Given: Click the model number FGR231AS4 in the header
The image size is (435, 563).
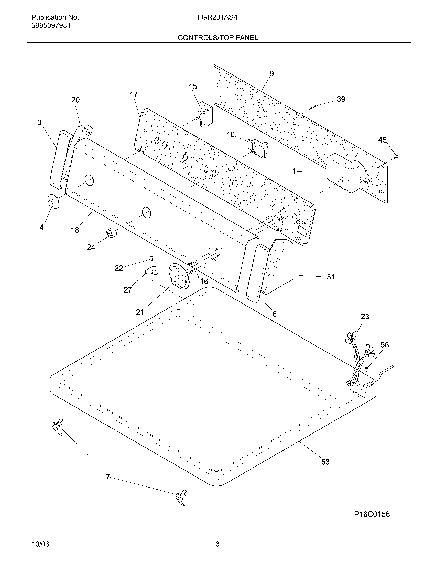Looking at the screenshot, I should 217,17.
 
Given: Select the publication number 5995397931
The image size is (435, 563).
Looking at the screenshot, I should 51,26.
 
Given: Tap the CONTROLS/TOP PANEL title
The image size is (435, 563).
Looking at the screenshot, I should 218,38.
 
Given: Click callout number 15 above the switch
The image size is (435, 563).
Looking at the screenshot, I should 193,86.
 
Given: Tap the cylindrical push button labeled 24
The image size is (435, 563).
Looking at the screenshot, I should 111,233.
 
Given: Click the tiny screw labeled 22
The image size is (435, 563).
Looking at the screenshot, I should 152,257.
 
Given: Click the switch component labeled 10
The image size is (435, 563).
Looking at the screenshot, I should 257,148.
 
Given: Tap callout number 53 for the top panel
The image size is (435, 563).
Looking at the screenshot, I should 325,462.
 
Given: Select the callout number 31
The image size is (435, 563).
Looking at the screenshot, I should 330,277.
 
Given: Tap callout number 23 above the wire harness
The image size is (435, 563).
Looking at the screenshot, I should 365,316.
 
